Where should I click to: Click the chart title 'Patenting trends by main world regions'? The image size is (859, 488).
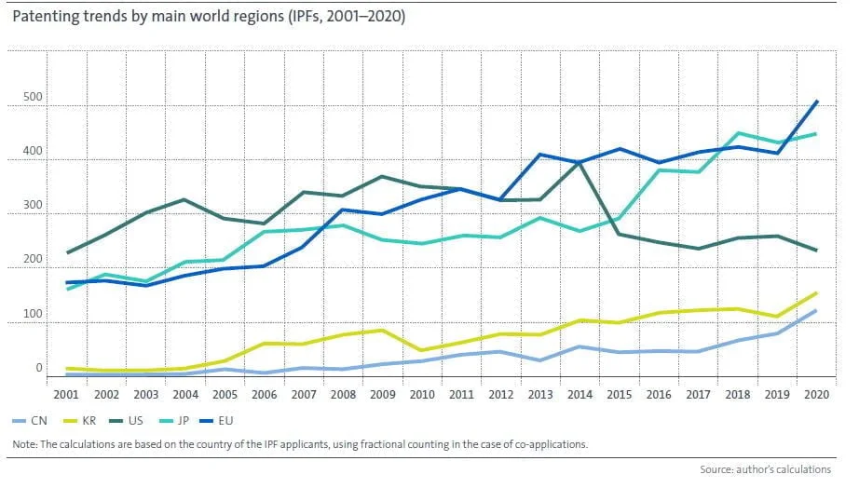click(x=209, y=17)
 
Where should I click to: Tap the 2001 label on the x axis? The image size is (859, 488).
click(x=65, y=394)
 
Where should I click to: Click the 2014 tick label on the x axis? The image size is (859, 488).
click(x=579, y=394)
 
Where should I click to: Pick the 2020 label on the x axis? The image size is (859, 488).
click(x=817, y=394)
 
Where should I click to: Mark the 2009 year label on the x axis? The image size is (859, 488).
click(x=382, y=394)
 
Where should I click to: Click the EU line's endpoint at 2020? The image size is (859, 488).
click(x=817, y=102)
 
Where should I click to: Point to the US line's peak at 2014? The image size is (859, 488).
click(x=580, y=163)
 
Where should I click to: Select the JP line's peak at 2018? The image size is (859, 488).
click(x=739, y=133)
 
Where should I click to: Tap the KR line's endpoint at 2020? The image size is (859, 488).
click(x=817, y=293)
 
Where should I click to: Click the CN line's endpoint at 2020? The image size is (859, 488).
click(x=817, y=311)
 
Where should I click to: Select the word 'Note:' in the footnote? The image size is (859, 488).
click(x=25, y=444)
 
